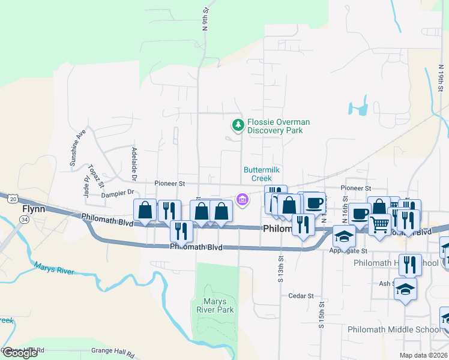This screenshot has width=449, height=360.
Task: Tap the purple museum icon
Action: [243, 199]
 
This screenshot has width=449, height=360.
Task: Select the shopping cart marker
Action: [379, 224]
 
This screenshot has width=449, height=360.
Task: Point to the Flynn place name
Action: [34, 209]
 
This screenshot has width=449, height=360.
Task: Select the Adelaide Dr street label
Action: [134, 165]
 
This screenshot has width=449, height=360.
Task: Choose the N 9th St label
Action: [205, 19]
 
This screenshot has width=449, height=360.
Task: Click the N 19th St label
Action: [440, 79]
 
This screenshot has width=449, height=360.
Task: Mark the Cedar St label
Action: [301, 296]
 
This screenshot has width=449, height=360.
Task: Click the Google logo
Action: [20, 353]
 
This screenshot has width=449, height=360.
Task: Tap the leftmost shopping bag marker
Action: [145, 210]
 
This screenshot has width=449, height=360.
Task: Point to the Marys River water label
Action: [53, 268]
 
